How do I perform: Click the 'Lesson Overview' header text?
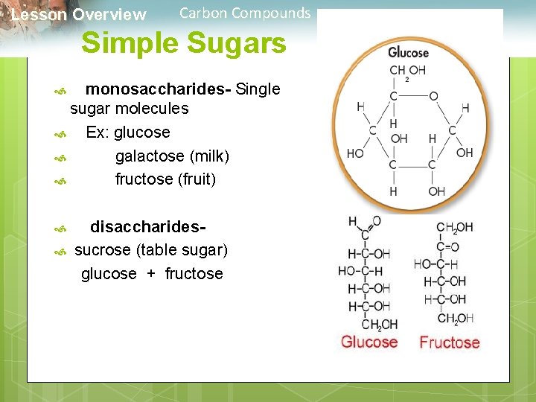coord(79,14)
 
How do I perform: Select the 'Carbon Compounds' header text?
coord(245,13)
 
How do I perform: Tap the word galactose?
coord(150,156)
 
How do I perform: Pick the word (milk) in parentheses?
coord(210,156)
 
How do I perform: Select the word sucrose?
coord(103,249)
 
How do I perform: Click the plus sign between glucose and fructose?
coord(151,274)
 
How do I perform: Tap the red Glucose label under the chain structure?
coord(369,342)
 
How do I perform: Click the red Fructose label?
coord(450,342)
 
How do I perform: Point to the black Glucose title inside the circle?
coord(408,53)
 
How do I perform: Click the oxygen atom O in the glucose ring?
coord(433,97)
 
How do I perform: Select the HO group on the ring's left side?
coord(356,154)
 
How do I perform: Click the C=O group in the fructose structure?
coord(447,246)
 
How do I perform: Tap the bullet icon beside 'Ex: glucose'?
coord(61,135)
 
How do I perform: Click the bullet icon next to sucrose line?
coord(61,252)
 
